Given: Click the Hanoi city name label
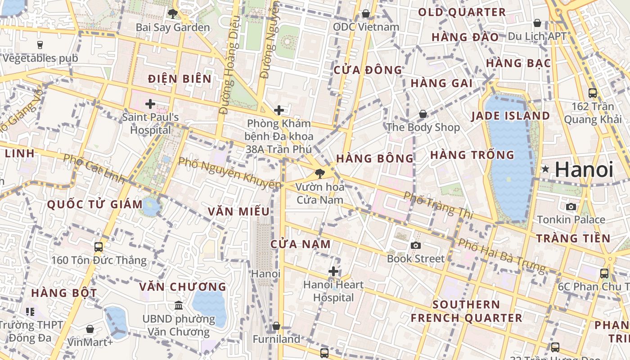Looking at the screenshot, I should (x=584, y=170).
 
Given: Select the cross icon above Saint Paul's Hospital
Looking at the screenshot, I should (x=150, y=104).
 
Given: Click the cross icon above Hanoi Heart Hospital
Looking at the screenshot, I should (x=333, y=271).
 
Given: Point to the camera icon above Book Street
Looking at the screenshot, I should (x=416, y=245).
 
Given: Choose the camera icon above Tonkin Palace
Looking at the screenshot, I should (x=571, y=207).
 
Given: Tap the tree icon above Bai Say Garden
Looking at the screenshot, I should (x=172, y=13).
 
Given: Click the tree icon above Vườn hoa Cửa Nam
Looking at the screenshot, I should (x=320, y=172).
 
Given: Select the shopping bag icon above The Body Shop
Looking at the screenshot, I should (x=423, y=114).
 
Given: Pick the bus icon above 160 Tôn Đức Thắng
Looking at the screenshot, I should (x=99, y=247).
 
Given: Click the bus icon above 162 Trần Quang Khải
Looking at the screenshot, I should (x=593, y=93).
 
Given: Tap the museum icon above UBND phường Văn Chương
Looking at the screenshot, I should (x=179, y=305).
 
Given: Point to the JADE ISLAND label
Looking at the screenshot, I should (x=510, y=116).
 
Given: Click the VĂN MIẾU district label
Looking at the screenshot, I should (x=238, y=211).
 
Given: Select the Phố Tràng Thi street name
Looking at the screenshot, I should (x=438, y=205).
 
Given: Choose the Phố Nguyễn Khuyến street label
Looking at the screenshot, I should (x=229, y=173).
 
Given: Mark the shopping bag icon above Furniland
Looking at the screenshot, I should (x=276, y=326).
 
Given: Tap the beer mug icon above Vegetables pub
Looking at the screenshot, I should (x=40, y=45).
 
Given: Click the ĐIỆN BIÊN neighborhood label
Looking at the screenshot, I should (x=180, y=79).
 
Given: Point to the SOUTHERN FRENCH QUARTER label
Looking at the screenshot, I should (x=466, y=311).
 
